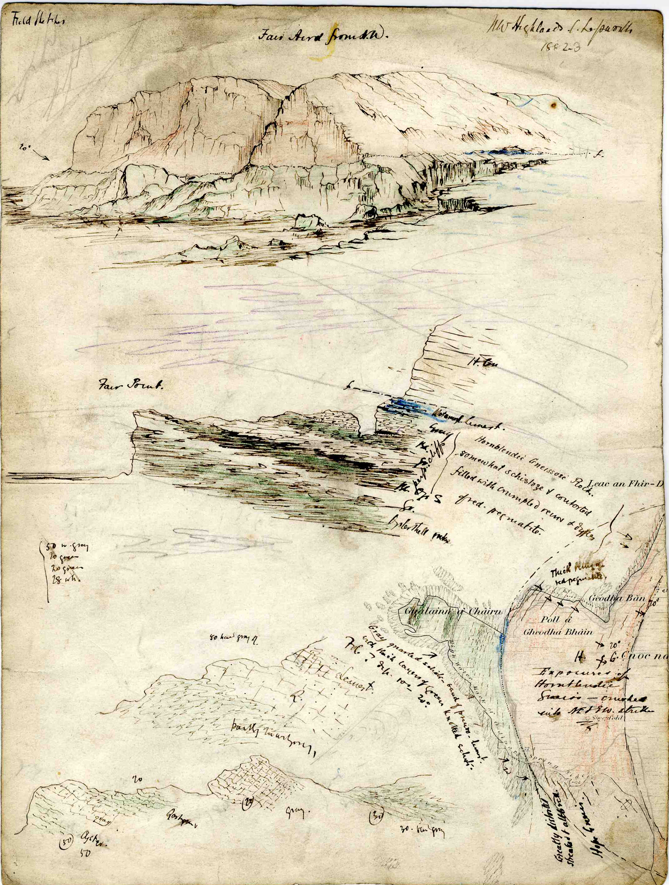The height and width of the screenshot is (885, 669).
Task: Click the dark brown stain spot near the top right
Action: [x=554, y=106]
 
